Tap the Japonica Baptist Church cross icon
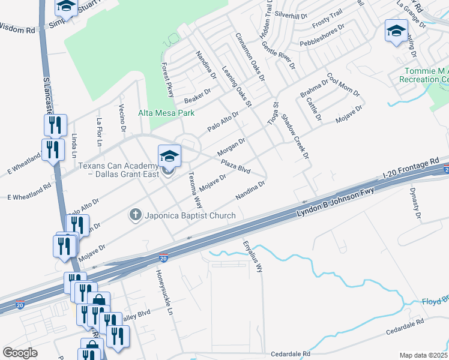pyautogui.click(x=136, y=214)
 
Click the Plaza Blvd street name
pyautogui.click(x=235, y=166)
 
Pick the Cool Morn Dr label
pyautogui.click(x=343, y=85)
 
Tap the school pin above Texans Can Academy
pyautogui.click(x=169, y=156)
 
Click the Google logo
pyautogui.click(x=20, y=353)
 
